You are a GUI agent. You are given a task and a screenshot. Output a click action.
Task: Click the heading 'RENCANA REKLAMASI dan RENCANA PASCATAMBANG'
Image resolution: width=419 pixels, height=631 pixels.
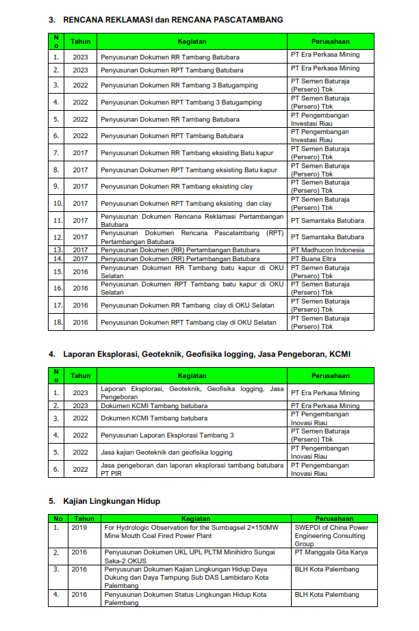pos(173,21)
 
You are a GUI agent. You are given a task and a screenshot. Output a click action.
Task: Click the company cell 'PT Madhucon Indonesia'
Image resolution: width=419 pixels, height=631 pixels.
pos(327,250)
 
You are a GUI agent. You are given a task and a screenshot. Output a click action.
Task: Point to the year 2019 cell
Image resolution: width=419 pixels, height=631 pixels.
pos(79,528)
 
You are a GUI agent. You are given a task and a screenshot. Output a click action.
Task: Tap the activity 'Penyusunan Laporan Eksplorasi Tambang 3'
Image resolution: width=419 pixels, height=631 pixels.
pos(167,435)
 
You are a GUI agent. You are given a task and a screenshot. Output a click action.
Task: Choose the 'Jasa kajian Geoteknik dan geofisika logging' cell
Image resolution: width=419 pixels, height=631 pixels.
pos(166,452)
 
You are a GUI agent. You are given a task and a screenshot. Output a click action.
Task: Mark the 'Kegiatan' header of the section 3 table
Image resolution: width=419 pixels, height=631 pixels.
pos(192,41)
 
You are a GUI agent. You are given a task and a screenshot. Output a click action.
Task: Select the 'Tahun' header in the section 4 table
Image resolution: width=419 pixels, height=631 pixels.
pos(81,375)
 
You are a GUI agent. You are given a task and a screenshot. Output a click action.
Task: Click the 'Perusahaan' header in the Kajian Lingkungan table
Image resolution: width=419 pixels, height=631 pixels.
pos(334,519)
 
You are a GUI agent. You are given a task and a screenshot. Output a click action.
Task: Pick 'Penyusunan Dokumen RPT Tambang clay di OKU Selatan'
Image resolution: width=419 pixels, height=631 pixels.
pos(188,322)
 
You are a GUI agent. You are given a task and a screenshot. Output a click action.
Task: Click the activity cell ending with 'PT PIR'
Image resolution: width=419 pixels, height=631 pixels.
pos(192,469)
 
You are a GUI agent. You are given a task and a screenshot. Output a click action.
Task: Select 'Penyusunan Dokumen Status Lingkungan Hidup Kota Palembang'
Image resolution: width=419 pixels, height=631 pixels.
pos(185,598)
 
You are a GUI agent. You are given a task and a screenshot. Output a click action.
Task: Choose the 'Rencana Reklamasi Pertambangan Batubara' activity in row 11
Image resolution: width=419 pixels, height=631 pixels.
pos(192,220)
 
